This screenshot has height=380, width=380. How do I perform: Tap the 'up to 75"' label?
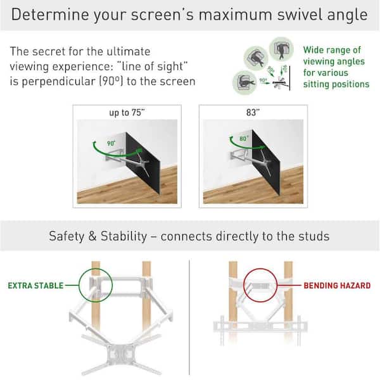(127, 113)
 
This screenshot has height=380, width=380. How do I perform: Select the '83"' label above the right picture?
(253, 113)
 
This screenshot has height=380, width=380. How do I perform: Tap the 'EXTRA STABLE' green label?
(35, 286)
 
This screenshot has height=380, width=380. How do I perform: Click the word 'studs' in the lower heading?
(314, 237)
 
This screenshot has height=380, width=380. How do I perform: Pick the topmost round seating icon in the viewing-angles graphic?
(280, 47)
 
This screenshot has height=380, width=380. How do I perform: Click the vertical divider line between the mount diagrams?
(191, 310)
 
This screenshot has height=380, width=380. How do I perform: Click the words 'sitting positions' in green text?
(336, 84)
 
